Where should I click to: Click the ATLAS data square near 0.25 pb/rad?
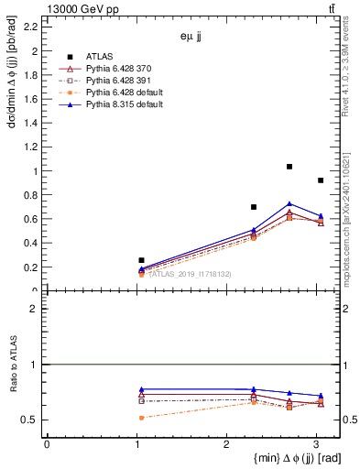coord(141,260)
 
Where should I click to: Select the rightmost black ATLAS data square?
coord(320,180)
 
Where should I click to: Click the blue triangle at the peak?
coord(289,204)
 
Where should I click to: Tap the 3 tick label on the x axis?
coord(316,443)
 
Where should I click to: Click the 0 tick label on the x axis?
coord(47,443)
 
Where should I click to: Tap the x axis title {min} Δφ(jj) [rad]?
coord(286,457)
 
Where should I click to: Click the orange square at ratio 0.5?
coord(141,418)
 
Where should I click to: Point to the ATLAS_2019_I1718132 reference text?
coord(190,274)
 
